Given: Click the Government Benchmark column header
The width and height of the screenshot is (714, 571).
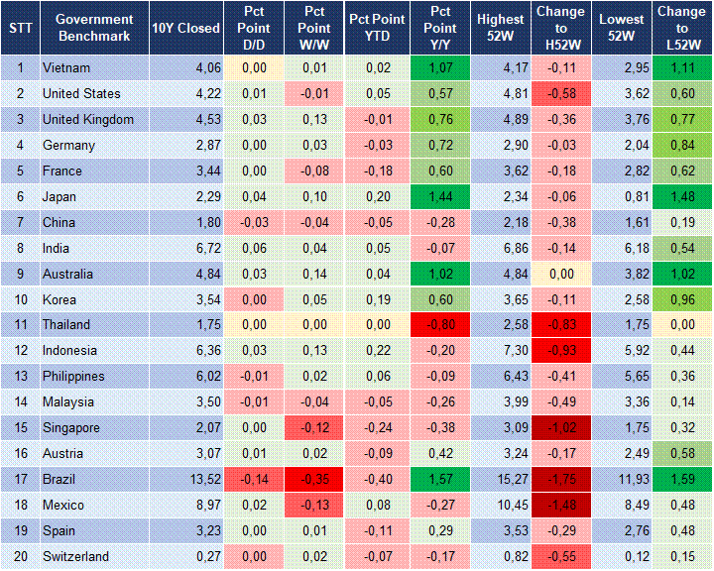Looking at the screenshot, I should point(94,28).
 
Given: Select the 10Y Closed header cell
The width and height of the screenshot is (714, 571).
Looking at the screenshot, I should point(185,28).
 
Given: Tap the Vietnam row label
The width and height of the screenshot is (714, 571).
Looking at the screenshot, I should point(66,67).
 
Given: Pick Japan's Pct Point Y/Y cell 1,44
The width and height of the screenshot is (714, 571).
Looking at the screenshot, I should point(440,196).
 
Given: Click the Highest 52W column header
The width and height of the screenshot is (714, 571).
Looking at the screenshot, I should point(501,28).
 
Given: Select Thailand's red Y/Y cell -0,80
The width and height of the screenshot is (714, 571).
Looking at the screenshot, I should point(440,325).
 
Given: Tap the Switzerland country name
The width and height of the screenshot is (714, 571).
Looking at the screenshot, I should point(75,557).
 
